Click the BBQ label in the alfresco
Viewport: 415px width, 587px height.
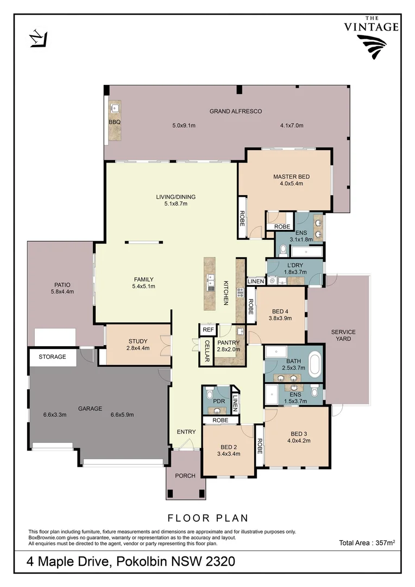pos(114,122)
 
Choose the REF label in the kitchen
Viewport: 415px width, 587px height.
pos(207,330)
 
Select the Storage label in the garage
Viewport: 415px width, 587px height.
pos(52,357)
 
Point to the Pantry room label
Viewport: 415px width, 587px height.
pos(228,342)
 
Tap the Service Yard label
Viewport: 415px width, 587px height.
pos(343,335)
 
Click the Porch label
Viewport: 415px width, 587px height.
pos(185,476)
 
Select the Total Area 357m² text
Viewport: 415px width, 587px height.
pos(367,542)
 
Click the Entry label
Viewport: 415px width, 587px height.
pos(186,432)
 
